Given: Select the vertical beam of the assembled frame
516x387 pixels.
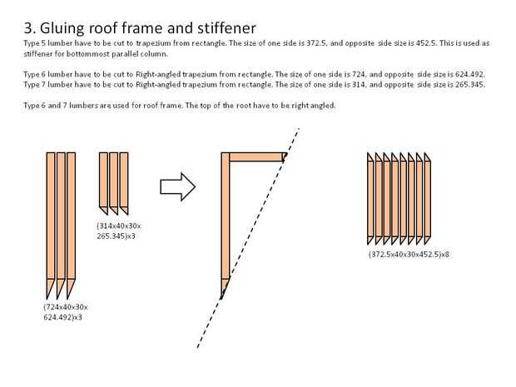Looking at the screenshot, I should click(225, 221).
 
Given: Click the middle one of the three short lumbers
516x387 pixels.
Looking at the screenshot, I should click(114, 180).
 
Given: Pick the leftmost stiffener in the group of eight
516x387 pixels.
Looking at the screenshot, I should click(371, 199).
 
